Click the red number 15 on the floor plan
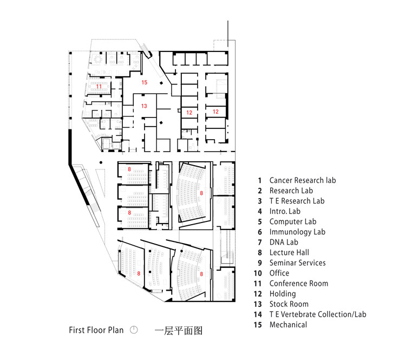144,82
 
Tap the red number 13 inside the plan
144,106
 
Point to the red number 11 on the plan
99,86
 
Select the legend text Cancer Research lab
303,180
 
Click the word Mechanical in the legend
288,324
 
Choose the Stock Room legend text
289,304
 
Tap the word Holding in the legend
283,294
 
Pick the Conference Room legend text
299,283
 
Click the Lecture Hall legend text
289,252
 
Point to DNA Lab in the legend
284,242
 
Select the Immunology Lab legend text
297,232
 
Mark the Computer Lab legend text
293,221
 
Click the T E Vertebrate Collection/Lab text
318,314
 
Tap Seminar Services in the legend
298,263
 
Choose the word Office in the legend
279,273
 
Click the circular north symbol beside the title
134,330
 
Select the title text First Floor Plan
96,330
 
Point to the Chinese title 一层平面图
179,330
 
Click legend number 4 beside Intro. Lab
260,211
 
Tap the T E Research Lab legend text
297,201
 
